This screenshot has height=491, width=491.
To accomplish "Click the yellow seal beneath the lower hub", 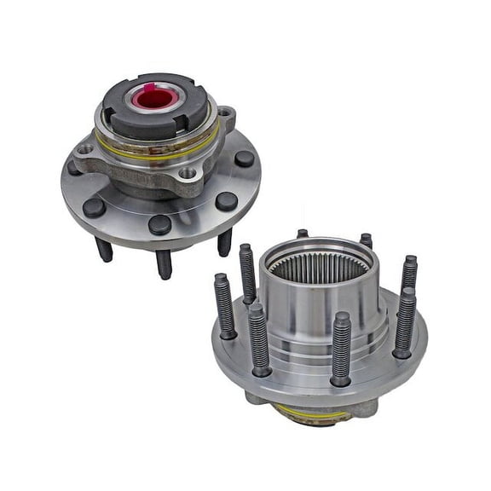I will point(311,414).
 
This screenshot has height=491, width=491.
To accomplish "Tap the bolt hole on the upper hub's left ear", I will point(86,148).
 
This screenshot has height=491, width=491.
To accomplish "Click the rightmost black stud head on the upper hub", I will point(245,159).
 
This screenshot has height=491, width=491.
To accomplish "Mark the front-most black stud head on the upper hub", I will point(159,224).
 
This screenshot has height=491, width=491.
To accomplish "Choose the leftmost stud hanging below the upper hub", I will point(104,249).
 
